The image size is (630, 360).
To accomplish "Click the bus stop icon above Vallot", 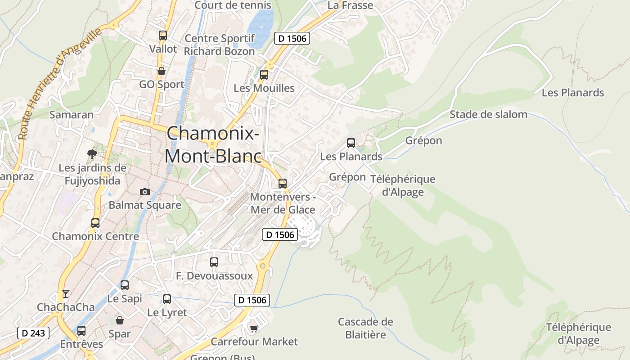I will [163, 36].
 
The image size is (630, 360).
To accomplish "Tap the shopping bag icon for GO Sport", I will [161, 71].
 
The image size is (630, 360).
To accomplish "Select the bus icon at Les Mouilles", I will [264, 75].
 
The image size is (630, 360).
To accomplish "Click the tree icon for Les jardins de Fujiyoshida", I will [92, 154].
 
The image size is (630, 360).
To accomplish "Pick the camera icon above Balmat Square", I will [145, 192].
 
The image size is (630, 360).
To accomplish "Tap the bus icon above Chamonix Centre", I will [95, 223].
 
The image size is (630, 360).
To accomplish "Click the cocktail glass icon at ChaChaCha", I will [66, 294].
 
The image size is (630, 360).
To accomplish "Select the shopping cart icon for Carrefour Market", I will [254, 328].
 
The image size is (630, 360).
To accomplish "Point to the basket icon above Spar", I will [120, 320].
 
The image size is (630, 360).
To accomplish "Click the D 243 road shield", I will [33, 333].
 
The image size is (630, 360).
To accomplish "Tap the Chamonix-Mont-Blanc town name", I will [213, 144].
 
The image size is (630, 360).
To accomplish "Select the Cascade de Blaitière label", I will [365, 328].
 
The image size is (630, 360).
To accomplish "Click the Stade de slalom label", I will [488, 114].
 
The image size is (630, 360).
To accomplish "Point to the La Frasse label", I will [350, 5].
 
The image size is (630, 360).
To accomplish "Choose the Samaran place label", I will [72, 114].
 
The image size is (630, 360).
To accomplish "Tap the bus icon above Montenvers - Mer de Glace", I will [283, 184].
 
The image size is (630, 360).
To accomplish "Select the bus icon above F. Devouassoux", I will [214, 262].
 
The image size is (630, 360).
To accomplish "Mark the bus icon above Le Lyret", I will [167, 299].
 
